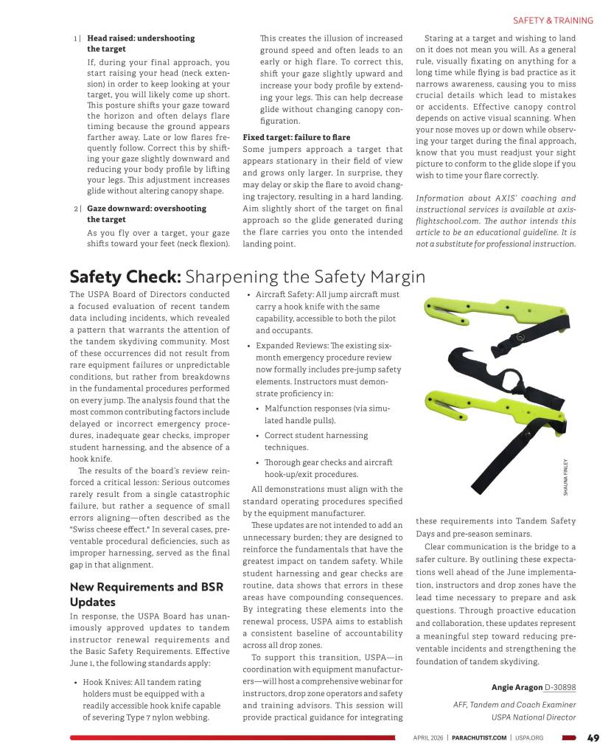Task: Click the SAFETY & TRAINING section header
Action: [x=553, y=21]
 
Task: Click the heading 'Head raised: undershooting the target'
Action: [x=141, y=43]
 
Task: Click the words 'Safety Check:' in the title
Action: [x=125, y=276]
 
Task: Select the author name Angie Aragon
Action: [x=516, y=687]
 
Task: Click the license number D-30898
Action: [x=560, y=687]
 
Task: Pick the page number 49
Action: [x=593, y=737]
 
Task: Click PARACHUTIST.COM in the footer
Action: [x=479, y=737]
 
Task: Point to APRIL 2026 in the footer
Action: [x=428, y=737]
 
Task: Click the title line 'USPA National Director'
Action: [x=534, y=716]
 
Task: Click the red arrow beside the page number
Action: [x=568, y=737]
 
